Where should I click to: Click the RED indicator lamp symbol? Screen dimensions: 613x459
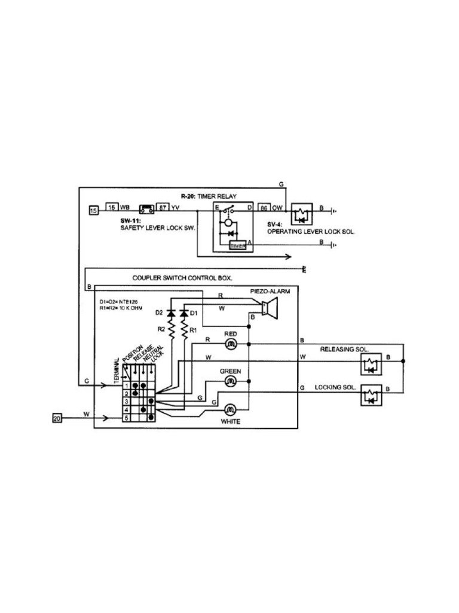pos(231,344)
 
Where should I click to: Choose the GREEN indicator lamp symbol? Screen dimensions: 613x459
pos(231,381)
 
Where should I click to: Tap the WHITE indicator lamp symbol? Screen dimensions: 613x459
pos(231,410)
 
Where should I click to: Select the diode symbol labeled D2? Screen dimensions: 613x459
pos(172,313)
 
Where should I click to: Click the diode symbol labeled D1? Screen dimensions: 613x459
pos(184,313)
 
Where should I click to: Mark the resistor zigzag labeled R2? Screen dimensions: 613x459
pos(172,330)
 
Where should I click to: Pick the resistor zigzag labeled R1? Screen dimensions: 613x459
pos(184,330)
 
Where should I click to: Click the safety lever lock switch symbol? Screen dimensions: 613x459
pos(146,209)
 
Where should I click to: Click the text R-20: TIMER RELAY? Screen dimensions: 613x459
pos(209,196)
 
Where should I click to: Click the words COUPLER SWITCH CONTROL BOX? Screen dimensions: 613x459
pos(182,278)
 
